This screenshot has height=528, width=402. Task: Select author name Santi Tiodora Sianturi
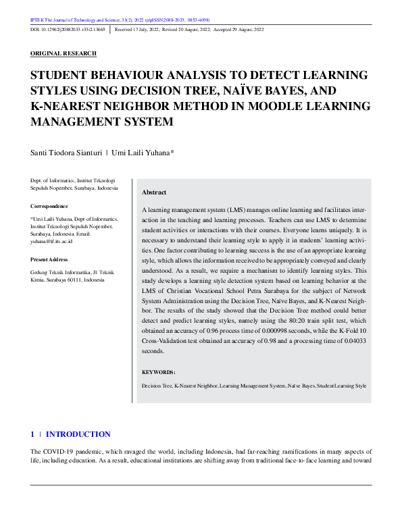tap(67, 153)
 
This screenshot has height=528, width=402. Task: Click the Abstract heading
tap(154, 192)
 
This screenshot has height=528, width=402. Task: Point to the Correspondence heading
tap(49, 206)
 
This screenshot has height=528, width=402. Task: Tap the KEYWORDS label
tap(159, 372)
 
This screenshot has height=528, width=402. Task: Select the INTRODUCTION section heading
tap(78, 434)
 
